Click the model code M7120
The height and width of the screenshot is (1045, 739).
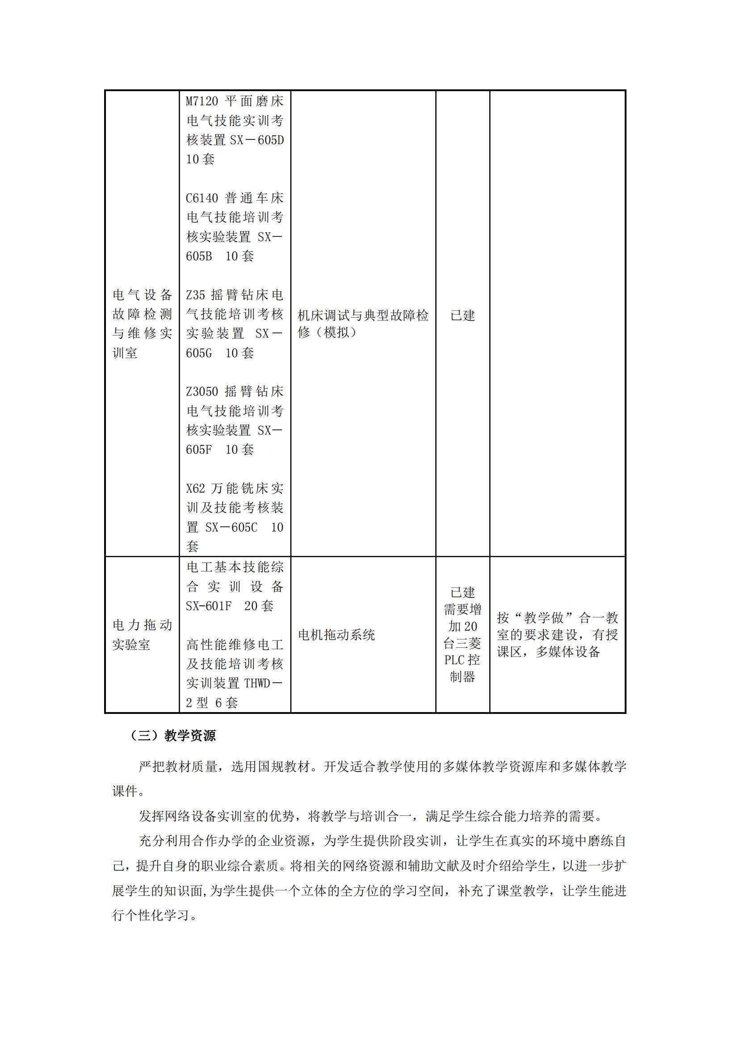202,101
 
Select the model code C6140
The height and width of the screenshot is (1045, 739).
202,198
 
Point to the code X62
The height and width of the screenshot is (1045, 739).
195,488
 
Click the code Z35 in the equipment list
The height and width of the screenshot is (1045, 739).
195,295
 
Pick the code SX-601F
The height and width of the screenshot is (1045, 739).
208,606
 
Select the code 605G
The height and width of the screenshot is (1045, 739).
199,353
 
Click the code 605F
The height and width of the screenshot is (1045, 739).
199,450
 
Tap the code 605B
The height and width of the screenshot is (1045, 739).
199,256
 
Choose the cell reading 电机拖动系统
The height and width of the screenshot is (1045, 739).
336,635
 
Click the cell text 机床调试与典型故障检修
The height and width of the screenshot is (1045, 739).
363,323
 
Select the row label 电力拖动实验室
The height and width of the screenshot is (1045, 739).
142,635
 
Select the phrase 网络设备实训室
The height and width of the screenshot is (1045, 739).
210,816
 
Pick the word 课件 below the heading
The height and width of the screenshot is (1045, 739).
125,791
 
